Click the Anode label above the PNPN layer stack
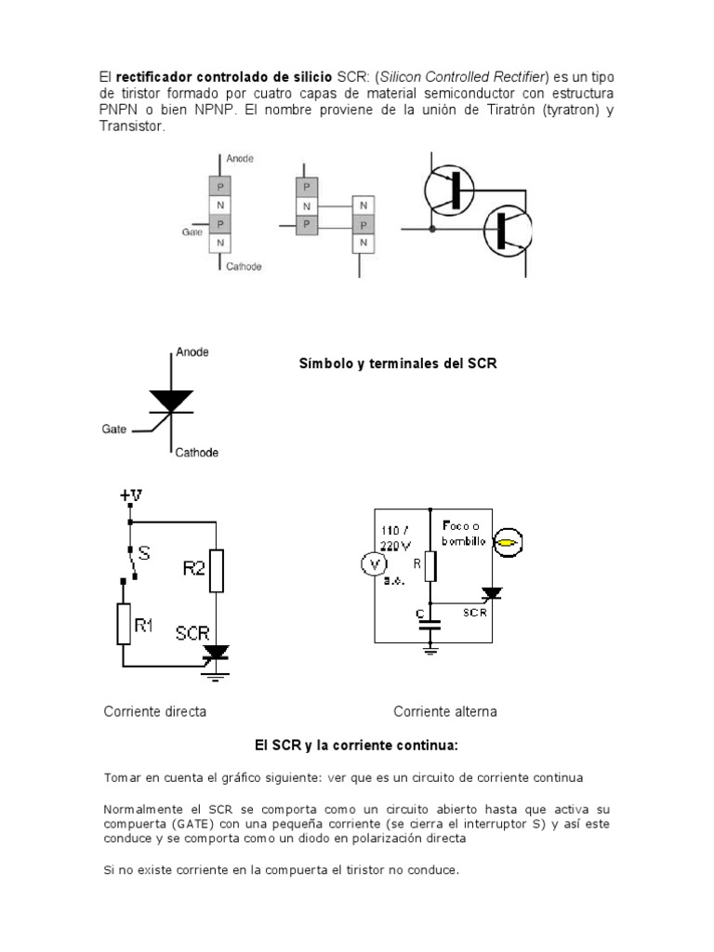(x=239, y=158)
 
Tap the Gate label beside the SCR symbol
(x=113, y=430)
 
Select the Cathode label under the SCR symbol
(x=196, y=453)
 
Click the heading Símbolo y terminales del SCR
(x=397, y=364)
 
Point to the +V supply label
(x=132, y=496)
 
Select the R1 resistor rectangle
(x=124, y=624)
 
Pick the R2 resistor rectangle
(x=216, y=570)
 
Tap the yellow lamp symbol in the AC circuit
(x=507, y=542)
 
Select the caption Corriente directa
(x=154, y=711)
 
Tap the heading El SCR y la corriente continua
(x=356, y=746)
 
